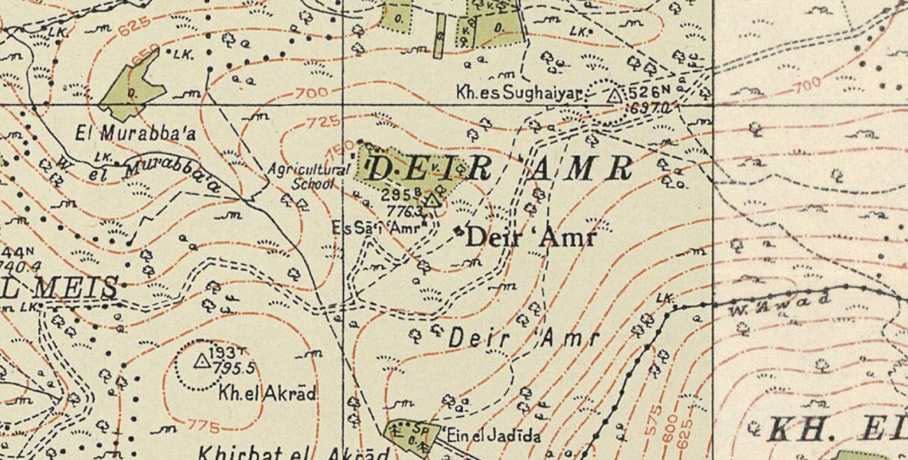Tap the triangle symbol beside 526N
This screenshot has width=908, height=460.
[615, 95]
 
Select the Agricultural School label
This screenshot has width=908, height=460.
[309, 175]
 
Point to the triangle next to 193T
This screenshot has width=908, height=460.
[201, 361]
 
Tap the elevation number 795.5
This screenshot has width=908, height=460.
[234, 369]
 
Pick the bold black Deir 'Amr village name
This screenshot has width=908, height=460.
[530, 238]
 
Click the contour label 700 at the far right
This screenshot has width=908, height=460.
[806, 85]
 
